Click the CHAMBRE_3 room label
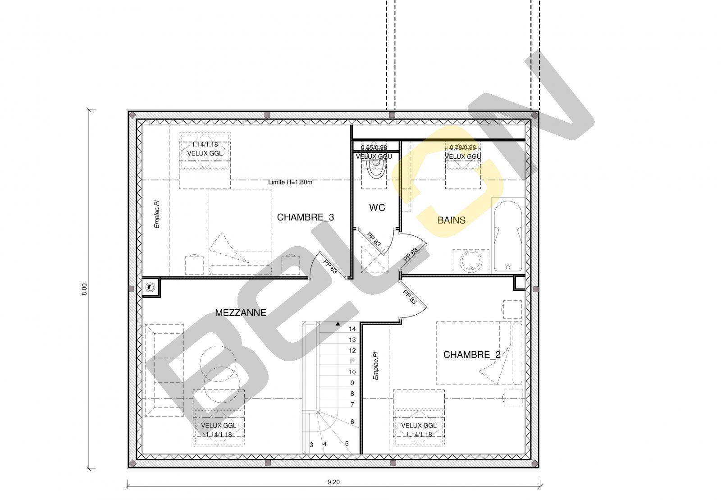click(x=305, y=217)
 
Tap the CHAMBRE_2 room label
click(x=471, y=354)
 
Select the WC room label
click(x=377, y=207)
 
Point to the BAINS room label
click(x=451, y=220)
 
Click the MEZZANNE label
click(x=241, y=312)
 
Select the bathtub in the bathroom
click(x=508, y=236)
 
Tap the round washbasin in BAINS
click(x=470, y=261)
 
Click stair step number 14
click(x=352, y=329)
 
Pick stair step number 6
click(x=352, y=422)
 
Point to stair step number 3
click(x=311, y=445)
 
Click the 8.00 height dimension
click(x=84, y=289)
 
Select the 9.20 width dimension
click(x=333, y=482)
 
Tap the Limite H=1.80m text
click(x=290, y=182)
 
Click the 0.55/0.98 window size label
click(x=374, y=147)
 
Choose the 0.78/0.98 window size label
click(x=462, y=147)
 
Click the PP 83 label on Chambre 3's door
click(x=330, y=266)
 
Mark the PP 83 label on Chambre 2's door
click(x=410, y=297)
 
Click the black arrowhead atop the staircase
click(x=338, y=324)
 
